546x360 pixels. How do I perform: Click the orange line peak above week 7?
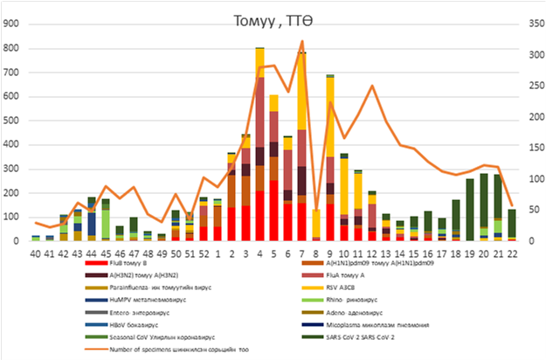302,41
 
